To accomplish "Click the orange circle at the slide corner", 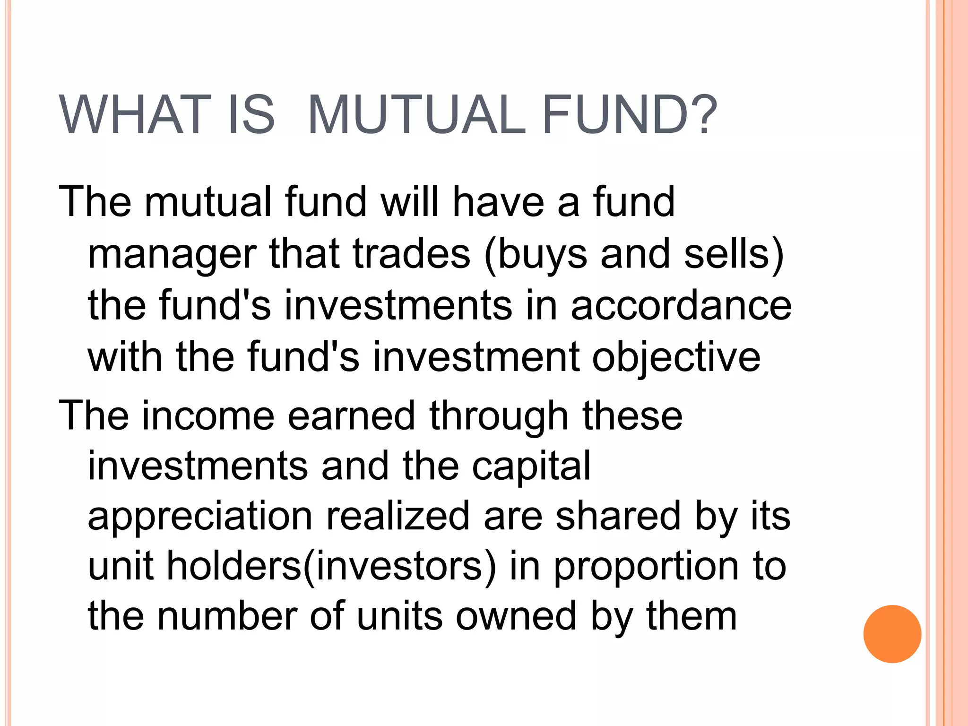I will pos(892,634).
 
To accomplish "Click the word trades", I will pos(411,254).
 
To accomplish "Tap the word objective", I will pos(676,358).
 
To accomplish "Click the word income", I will pos(208,416).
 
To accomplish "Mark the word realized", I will pos(398,516).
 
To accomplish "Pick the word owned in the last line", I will pos(516,616).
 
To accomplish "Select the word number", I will pos(227,616).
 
